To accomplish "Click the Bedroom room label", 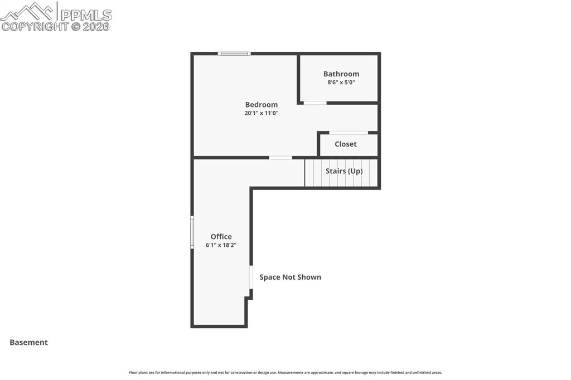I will pos(261,104).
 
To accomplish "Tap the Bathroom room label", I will pos(341,74).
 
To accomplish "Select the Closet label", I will pos(346,144).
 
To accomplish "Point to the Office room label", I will pos(221,236).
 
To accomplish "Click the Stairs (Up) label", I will pos(344,171).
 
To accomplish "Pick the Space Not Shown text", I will pos(290,277).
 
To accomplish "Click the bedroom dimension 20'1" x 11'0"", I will pos(261,113).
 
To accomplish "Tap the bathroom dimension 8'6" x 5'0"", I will pos(341,82).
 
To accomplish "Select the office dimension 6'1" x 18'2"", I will pos(221,245).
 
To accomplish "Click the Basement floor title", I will pos(28,342).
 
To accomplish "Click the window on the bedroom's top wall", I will pos(234,53).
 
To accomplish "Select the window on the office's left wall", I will pos(192,232).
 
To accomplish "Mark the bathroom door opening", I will pos(315,103).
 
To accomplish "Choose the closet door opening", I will pos(349,133).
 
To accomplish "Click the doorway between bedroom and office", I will pos(280,158).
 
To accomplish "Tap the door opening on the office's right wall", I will pos(251,277).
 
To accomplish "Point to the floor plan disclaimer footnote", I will pos(285,372).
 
